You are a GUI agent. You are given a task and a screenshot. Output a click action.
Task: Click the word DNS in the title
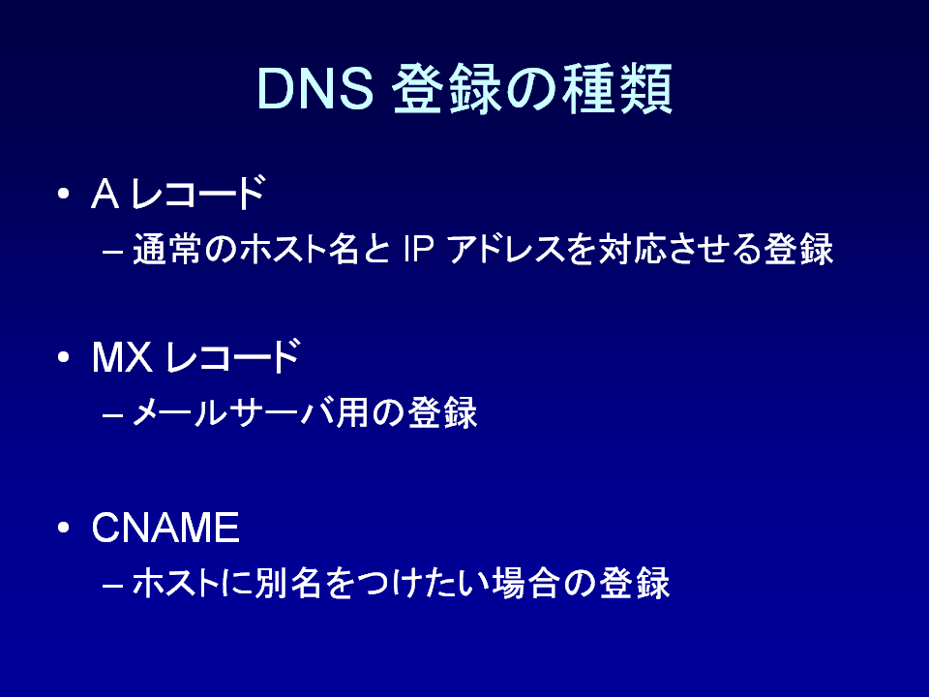[315, 89]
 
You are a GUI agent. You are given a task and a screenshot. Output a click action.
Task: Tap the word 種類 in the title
[616, 89]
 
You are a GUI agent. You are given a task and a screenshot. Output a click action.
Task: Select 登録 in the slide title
[447, 89]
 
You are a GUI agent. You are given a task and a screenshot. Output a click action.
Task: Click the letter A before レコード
[105, 194]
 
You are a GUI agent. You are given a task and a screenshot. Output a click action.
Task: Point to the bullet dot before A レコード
[64, 194]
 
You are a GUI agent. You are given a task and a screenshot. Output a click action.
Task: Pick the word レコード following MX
[233, 357]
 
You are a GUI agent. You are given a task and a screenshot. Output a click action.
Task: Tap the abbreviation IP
[419, 249]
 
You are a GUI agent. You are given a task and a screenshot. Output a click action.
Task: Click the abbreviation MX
[122, 357]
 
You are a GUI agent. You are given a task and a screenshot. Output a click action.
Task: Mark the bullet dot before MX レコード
[64, 357]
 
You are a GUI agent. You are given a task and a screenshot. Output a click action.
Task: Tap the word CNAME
[165, 527]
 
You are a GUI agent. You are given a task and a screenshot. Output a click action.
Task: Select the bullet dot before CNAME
[64, 528]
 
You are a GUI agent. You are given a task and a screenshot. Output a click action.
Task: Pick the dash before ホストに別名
[112, 585]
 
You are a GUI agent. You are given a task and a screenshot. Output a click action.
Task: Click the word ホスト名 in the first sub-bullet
[298, 249]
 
